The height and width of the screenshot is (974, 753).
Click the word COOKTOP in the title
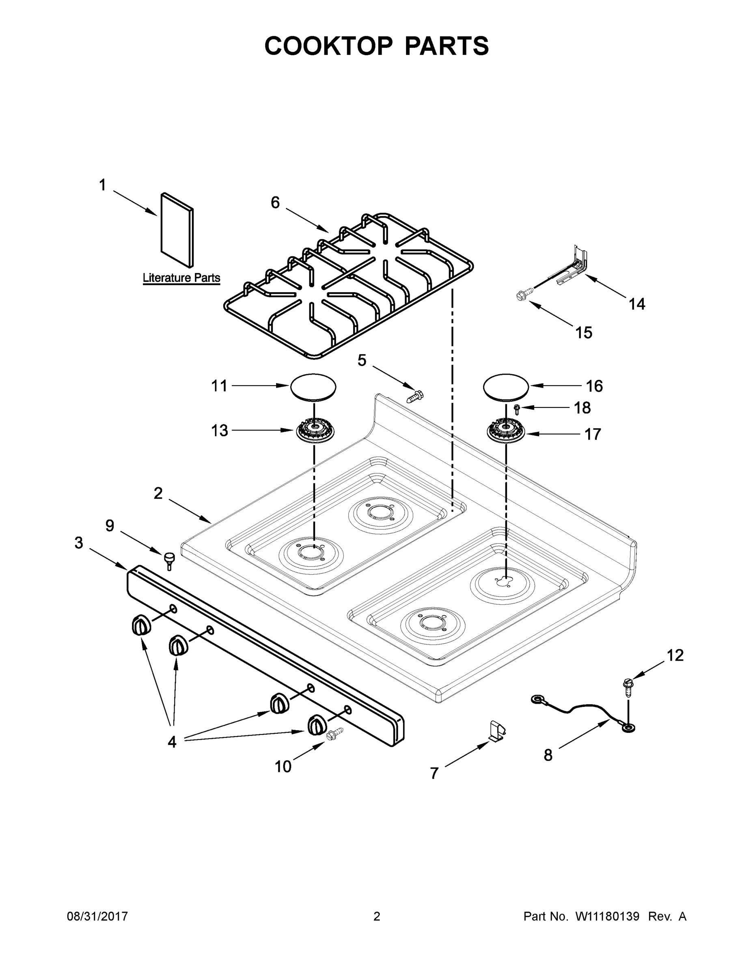tap(329, 46)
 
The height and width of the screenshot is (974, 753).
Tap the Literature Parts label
tap(181, 278)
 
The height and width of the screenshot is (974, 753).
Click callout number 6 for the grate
tap(275, 203)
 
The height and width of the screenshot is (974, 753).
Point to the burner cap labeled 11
tap(313, 386)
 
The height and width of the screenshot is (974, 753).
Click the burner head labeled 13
tap(315, 431)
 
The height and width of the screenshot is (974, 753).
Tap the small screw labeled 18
tap(518, 408)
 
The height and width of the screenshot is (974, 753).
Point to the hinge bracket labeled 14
tap(574, 266)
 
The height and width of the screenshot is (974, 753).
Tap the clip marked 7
tap(497, 730)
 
